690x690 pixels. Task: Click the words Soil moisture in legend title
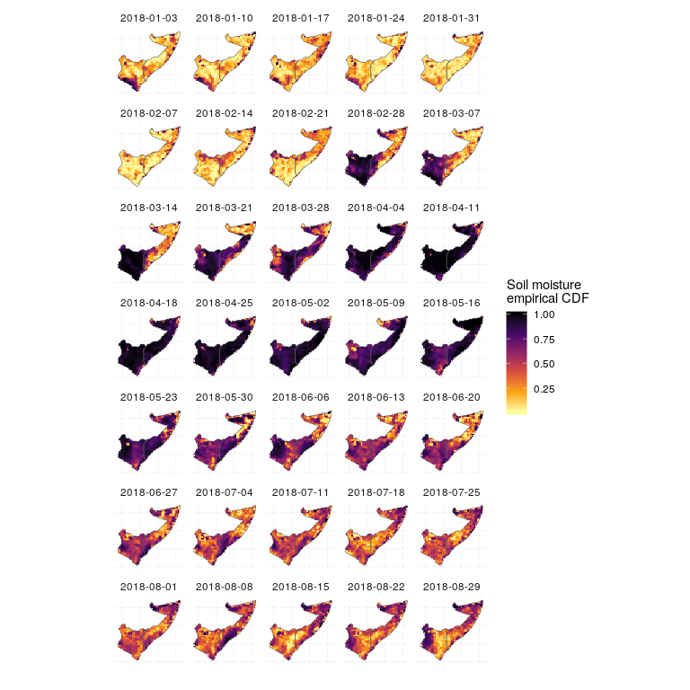click(x=544, y=285)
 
